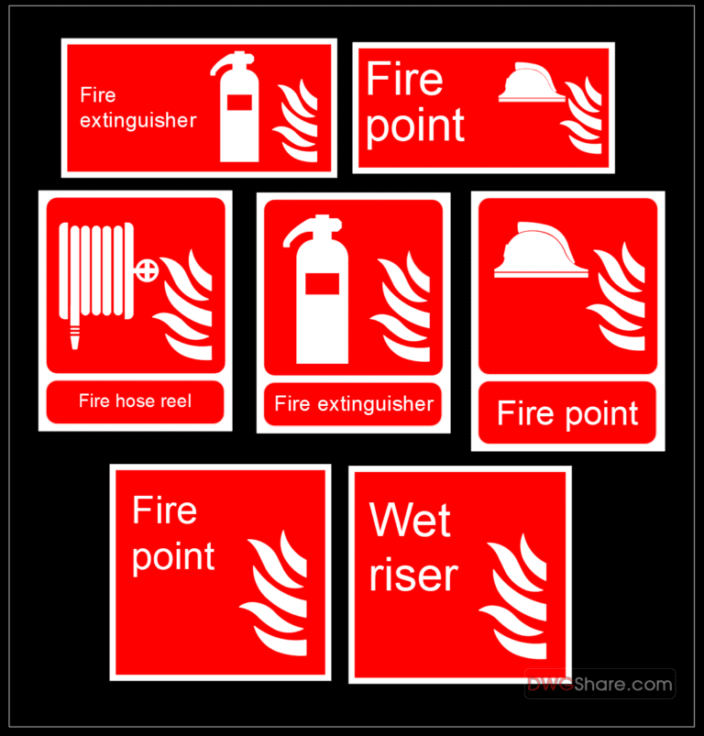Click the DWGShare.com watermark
(x=599, y=684)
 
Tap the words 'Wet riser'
(x=412, y=548)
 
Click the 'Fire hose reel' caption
(x=135, y=401)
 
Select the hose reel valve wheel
(x=147, y=270)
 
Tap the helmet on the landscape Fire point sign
(x=531, y=84)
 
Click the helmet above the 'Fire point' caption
(x=540, y=251)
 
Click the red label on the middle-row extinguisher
(x=322, y=283)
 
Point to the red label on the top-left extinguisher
(x=239, y=102)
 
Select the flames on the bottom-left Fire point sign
(x=274, y=595)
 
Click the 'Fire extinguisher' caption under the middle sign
(x=354, y=404)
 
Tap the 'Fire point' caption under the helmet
(x=567, y=414)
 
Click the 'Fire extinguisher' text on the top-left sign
(x=137, y=107)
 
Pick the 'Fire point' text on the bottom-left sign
(x=173, y=533)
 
